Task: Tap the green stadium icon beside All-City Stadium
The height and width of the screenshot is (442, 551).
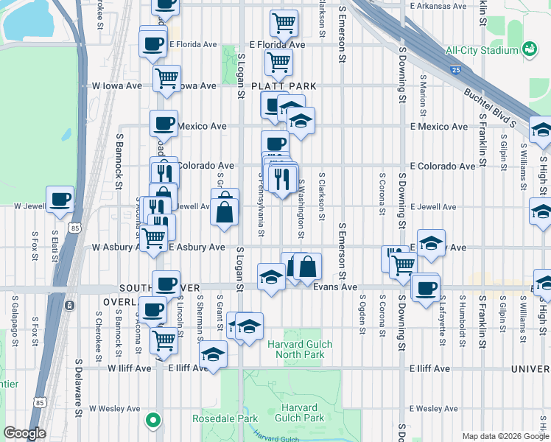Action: [528, 49]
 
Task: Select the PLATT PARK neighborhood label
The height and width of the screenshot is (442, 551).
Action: [284, 86]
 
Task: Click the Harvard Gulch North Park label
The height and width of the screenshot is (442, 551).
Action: [300, 349]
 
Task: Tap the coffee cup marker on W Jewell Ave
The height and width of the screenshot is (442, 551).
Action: [60, 198]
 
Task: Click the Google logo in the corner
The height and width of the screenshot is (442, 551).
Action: [24, 433]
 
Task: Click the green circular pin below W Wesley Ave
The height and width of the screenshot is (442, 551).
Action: [152, 421]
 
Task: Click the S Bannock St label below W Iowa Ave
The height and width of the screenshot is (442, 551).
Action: [119, 158]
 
